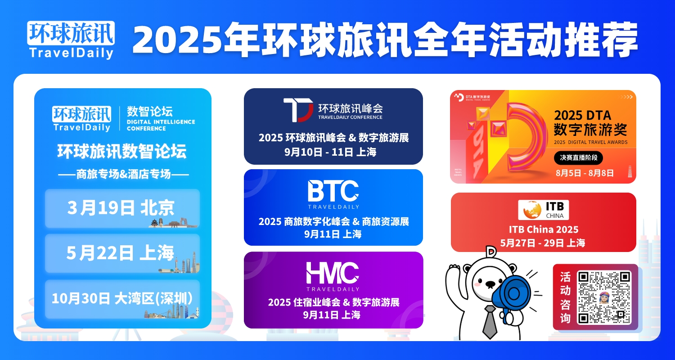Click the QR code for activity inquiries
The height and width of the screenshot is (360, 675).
604,297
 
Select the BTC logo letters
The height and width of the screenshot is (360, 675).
333,191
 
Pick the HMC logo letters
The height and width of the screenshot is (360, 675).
333,273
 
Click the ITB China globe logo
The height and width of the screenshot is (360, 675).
532,210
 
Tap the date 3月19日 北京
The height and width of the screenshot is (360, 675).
121,207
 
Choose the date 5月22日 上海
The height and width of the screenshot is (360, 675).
120,252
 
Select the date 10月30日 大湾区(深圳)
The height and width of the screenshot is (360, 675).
122,298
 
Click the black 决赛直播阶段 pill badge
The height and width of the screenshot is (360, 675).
578,158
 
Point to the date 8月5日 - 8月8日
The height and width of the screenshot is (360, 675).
585,173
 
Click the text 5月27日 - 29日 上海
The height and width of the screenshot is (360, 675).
543,243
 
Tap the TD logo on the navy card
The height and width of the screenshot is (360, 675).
298,110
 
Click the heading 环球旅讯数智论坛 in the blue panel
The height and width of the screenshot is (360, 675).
122,151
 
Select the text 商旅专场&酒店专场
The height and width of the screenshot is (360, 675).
124,174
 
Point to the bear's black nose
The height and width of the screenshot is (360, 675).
490,283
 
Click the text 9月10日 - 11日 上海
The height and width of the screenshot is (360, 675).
331,152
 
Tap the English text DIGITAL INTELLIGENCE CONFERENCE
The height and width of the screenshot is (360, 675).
161,125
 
